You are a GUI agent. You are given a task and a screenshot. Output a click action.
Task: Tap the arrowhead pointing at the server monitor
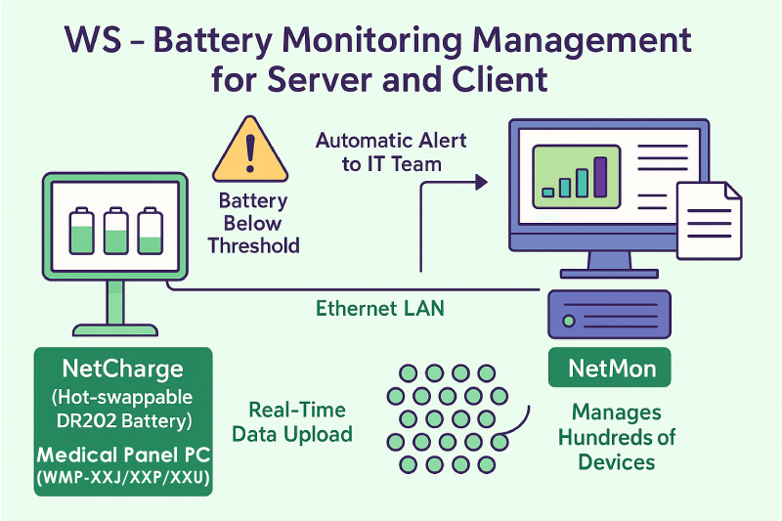click(x=480, y=181)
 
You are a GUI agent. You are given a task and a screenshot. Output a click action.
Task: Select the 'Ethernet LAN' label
click(x=380, y=308)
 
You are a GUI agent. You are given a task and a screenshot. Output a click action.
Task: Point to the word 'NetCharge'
click(x=122, y=369)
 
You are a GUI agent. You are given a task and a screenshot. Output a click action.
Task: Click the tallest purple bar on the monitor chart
click(x=600, y=175)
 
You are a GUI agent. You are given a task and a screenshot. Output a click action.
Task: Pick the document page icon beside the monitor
click(x=709, y=220)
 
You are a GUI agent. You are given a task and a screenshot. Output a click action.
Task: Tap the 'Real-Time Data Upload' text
click(x=297, y=422)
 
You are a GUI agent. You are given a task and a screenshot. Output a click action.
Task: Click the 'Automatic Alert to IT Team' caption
click(x=391, y=152)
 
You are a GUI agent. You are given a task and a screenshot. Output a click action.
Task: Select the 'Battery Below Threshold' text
click(x=253, y=223)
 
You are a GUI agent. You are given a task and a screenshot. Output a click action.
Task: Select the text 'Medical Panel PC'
click(x=122, y=456)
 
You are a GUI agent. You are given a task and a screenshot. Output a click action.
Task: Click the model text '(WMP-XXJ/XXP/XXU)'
click(x=122, y=478)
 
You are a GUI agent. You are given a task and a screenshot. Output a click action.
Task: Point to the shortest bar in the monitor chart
click(x=547, y=192)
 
